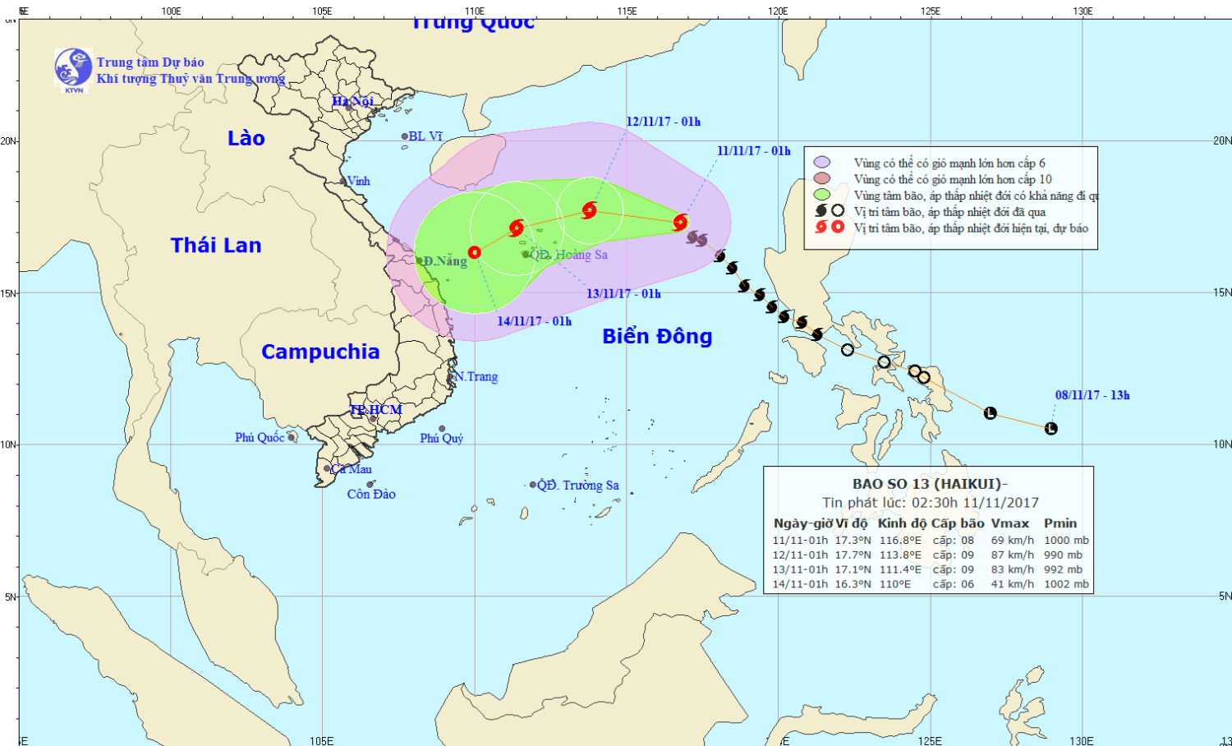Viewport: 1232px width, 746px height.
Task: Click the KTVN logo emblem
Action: pyautogui.click(x=73, y=68)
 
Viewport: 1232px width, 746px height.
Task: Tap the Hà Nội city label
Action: pyautogui.click(x=352, y=101)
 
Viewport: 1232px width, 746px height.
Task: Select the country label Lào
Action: pyautogui.click(x=246, y=138)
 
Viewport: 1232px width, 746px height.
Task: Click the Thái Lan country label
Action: pyautogui.click(x=216, y=245)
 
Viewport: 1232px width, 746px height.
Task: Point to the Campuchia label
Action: pyautogui.click(x=320, y=352)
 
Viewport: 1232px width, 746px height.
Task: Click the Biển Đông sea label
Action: pyautogui.click(x=657, y=336)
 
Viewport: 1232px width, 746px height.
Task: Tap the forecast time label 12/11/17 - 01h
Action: pyautogui.click(x=663, y=122)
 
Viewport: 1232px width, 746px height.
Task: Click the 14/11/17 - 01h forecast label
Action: pyautogui.click(x=534, y=321)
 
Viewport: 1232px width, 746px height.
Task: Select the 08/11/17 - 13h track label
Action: pyautogui.click(x=1092, y=395)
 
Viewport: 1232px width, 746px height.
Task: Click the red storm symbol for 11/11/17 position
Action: pyautogui.click(x=680, y=222)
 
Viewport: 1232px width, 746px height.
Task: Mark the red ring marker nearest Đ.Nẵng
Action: pyautogui.click(x=475, y=252)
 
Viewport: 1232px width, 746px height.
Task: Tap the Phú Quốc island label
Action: pyautogui.click(x=260, y=437)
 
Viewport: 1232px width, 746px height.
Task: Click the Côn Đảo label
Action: pyautogui.click(x=371, y=494)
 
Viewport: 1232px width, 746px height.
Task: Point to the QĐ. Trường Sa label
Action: pyautogui.click(x=578, y=485)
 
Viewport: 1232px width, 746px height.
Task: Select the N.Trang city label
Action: pyautogui.click(x=476, y=376)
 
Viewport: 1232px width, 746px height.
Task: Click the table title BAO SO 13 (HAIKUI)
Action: pyautogui.click(x=929, y=484)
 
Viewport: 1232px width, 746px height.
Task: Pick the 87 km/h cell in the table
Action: pyautogui.click(x=1012, y=555)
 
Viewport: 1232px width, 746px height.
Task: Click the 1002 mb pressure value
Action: pyautogui.click(x=1066, y=584)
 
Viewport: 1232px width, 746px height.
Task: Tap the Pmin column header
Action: pyautogui.click(x=1060, y=523)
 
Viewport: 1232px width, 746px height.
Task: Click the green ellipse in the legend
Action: pyautogui.click(x=822, y=195)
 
